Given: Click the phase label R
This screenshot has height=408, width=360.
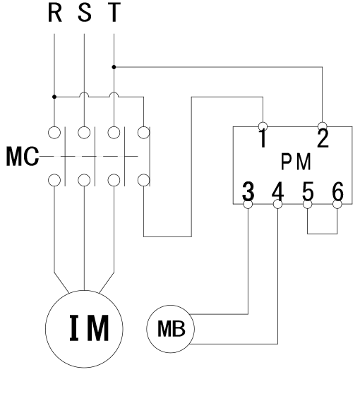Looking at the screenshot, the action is click(x=55, y=12).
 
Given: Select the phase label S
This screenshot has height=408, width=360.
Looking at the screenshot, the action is click(x=85, y=12).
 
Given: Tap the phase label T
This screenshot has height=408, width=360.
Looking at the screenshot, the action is click(x=114, y=12).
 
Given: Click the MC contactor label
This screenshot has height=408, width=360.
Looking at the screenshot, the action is click(x=23, y=157).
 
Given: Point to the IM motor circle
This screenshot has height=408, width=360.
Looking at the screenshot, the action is click(x=45, y=329).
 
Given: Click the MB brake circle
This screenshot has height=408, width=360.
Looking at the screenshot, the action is click(x=147, y=329).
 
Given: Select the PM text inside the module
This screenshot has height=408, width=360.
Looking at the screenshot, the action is click(x=296, y=162).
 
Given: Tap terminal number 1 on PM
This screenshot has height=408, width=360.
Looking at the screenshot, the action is click(x=263, y=138).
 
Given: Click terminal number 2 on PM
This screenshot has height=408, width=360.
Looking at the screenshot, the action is click(x=323, y=138).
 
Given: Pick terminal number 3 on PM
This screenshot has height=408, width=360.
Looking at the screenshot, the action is click(x=248, y=191).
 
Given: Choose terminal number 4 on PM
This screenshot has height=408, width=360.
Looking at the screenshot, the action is click(x=278, y=191).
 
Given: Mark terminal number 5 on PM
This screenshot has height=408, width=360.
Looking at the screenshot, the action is click(x=308, y=191).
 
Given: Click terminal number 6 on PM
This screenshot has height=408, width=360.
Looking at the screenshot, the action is click(x=337, y=191).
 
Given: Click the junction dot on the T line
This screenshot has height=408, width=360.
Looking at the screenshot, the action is click(x=114, y=67).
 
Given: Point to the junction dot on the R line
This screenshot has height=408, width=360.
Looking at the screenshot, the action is click(x=54, y=97).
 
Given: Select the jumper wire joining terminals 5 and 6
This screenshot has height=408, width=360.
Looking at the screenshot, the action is click(x=323, y=234).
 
